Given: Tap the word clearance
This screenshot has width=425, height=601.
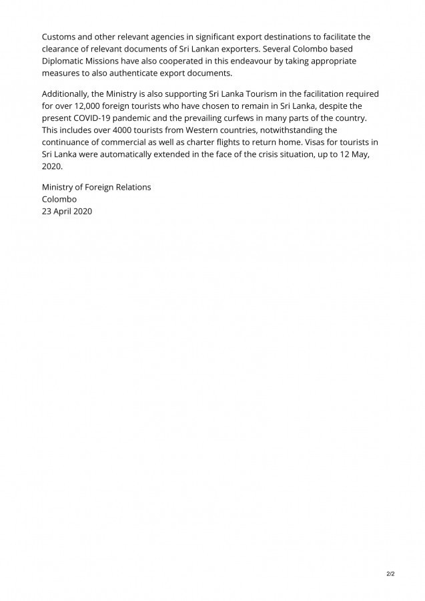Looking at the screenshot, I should pyautogui.click(x=63, y=49).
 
